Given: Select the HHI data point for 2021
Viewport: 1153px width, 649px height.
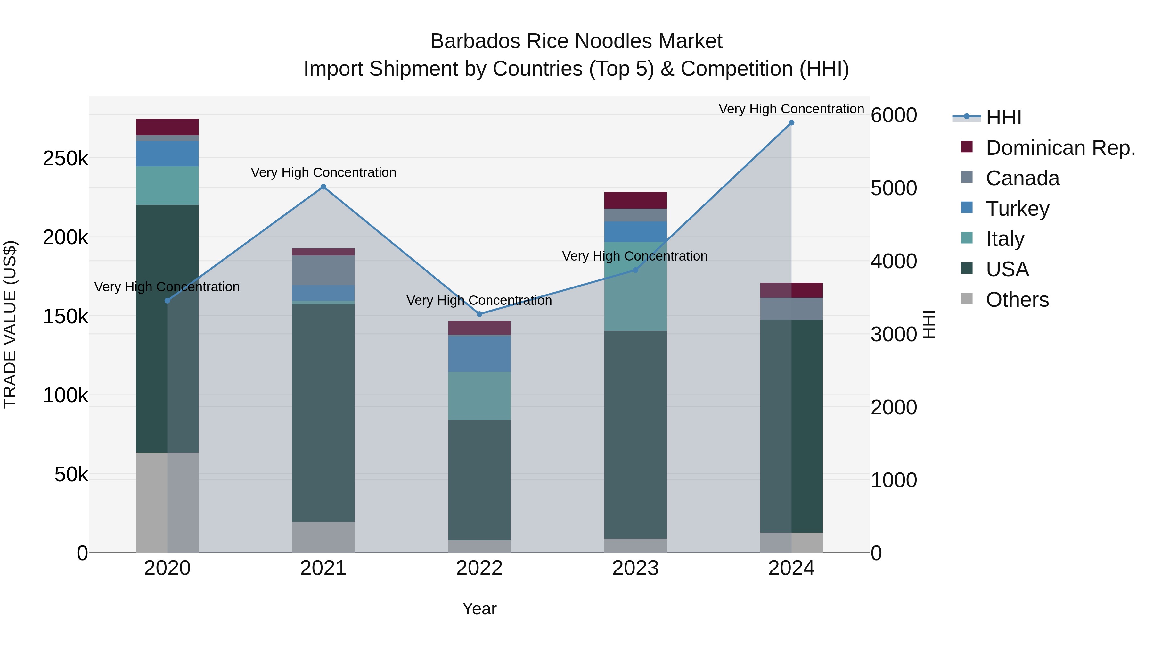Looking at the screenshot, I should tap(323, 187).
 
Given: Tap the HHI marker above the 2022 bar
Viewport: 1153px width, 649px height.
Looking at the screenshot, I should tap(479, 314).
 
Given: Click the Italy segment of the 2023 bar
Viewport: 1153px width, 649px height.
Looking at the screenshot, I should tap(635, 287).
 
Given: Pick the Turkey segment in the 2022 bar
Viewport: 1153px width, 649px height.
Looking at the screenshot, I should tap(479, 354).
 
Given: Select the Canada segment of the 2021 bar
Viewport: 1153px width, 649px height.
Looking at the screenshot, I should tap(323, 270).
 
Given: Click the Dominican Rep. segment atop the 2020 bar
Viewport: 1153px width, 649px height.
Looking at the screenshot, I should tap(167, 127).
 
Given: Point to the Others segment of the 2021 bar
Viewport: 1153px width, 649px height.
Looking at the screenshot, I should tap(323, 537).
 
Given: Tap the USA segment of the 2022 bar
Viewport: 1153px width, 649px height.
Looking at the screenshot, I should tap(479, 479).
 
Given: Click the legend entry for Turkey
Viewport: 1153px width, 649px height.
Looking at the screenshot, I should tap(1017, 209).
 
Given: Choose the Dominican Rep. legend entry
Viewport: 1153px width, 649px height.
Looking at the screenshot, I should tap(1060, 148).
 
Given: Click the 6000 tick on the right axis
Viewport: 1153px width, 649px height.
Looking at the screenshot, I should tap(893, 115).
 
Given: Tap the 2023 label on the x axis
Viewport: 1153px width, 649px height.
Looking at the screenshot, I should tap(635, 568).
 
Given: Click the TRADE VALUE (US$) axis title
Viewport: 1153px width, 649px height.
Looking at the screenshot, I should tap(10, 324).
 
